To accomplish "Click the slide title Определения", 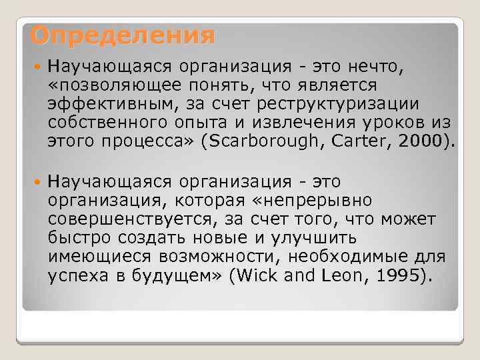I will [123, 35].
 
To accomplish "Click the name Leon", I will [325, 275].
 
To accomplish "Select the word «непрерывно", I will [318, 201].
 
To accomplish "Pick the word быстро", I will [79, 238].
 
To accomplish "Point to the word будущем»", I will [180, 275].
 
